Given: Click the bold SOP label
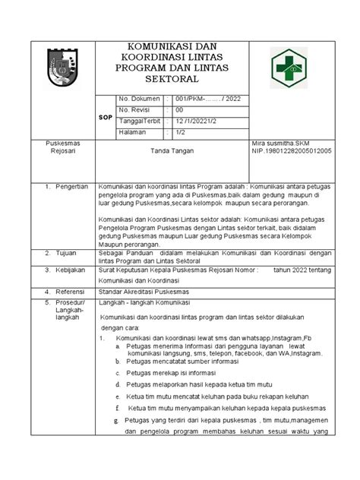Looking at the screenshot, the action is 106,118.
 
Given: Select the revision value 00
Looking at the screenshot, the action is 179,110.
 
